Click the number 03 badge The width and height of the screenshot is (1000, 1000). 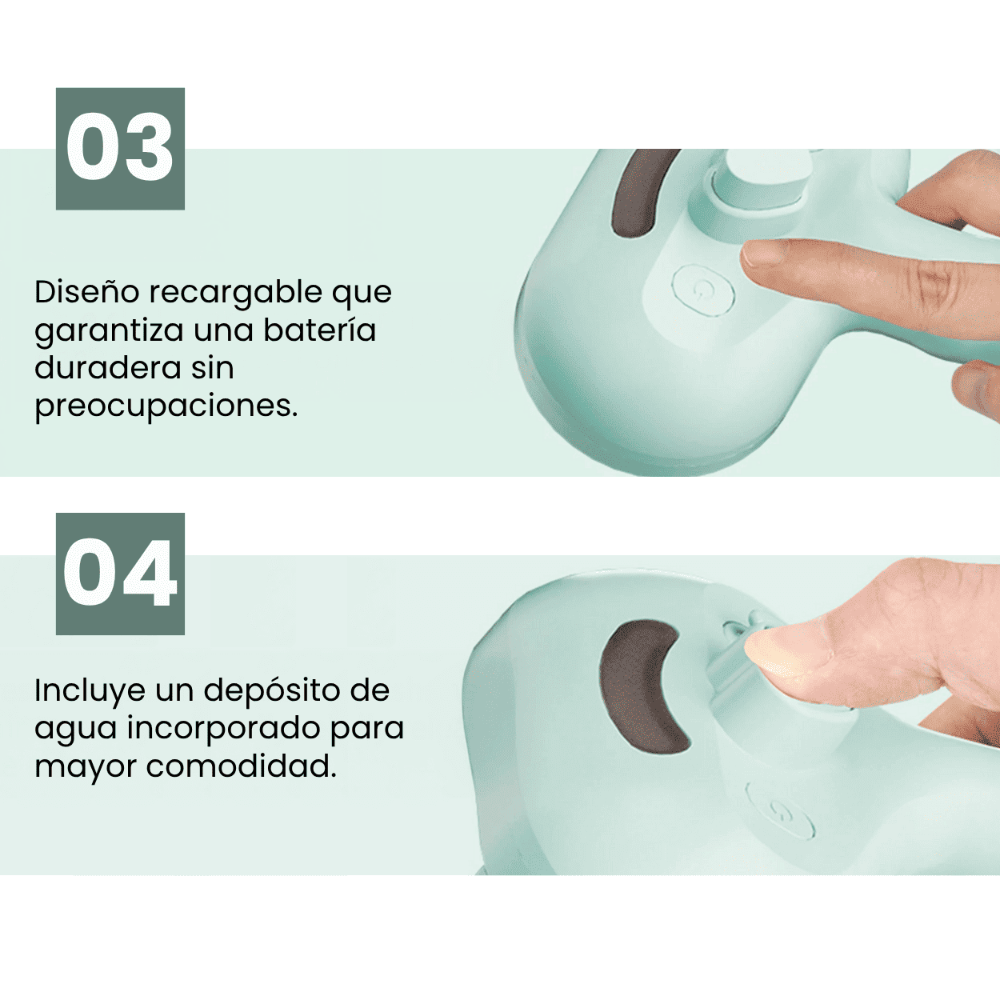tap(120, 149)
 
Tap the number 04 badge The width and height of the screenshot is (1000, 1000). tap(120, 574)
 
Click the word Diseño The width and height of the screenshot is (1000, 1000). tap(87, 292)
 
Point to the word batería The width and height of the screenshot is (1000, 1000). tap(320, 330)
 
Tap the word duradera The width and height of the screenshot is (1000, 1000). tap(108, 368)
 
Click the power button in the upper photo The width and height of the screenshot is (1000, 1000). tap(703, 290)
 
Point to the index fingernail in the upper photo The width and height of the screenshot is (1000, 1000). tap(762, 254)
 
